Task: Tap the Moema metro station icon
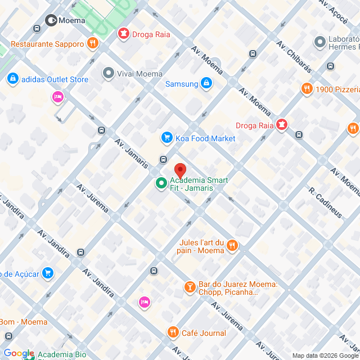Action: [50, 20]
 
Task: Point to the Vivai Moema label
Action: [139, 74]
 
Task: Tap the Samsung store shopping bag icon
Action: [206, 84]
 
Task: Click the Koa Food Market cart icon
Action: [166, 138]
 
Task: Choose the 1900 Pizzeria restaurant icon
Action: [307, 89]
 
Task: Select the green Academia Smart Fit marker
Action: [160, 183]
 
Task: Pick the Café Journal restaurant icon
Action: [173, 332]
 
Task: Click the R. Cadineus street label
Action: [326, 202]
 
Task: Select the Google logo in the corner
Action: [19, 353]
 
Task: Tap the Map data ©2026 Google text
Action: [325, 355]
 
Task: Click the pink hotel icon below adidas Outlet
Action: [57, 98]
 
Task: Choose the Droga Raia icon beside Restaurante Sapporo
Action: [123, 34]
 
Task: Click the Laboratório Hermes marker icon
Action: [320, 42]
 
